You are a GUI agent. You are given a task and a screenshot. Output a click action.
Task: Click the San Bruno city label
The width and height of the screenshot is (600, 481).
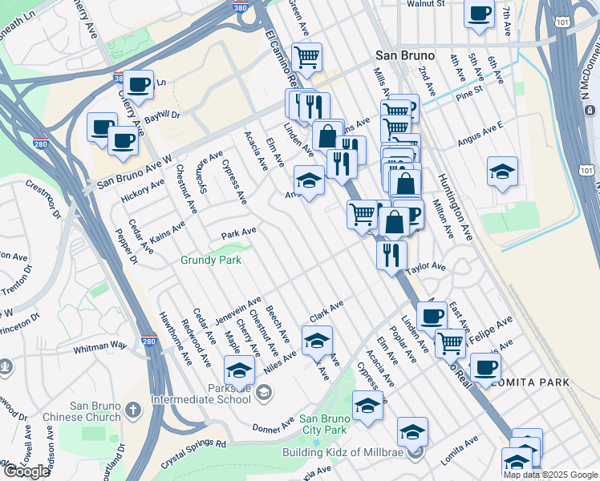click(x=405, y=56)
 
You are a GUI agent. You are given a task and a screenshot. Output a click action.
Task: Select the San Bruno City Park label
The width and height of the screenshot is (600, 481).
click(x=323, y=424)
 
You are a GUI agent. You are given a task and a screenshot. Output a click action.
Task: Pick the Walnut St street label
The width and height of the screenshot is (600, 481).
click(x=425, y=4)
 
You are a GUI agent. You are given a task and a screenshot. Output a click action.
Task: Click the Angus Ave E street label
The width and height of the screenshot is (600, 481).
click(x=480, y=135)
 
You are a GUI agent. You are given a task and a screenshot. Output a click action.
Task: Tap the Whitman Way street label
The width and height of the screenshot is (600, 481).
click(x=100, y=346)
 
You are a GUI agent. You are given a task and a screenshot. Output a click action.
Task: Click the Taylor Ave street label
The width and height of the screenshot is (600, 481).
click(x=425, y=267)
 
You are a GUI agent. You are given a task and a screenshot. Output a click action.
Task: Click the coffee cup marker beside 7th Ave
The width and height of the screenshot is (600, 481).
click(x=480, y=14)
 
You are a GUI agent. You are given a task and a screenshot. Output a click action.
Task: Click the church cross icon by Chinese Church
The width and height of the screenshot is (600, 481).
click(x=133, y=410)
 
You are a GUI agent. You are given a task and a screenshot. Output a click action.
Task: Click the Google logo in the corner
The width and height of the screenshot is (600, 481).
click(x=26, y=471)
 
